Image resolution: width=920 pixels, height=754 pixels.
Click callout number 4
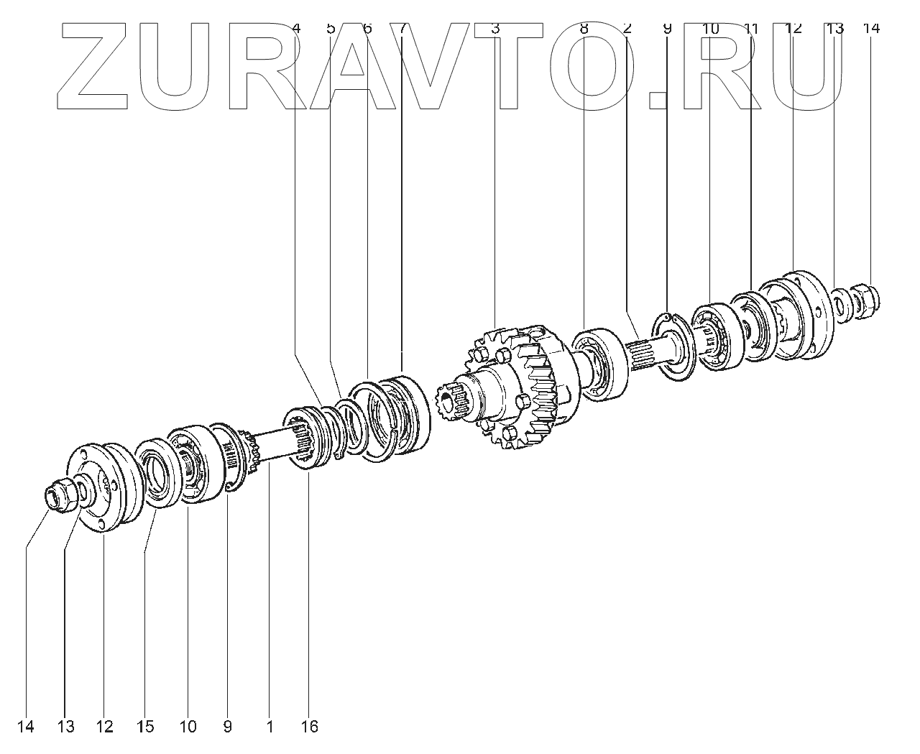(x=297, y=29)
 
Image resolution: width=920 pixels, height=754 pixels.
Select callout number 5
(x=331, y=29)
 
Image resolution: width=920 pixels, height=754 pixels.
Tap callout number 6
(x=367, y=29)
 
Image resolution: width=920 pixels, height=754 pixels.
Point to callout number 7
(x=402, y=29)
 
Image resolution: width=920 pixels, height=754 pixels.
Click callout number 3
(x=494, y=29)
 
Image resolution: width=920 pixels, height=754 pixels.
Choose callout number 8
(x=584, y=29)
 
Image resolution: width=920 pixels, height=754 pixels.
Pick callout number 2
(x=627, y=29)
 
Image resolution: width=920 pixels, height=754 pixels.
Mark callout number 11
(x=751, y=29)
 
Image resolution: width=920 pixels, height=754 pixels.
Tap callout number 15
(x=145, y=727)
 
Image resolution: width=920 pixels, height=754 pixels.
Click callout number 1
(x=270, y=727)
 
